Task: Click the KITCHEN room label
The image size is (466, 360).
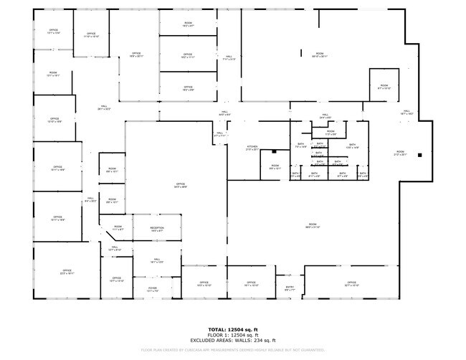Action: point(252,148)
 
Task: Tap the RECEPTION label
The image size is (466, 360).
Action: point(157,229)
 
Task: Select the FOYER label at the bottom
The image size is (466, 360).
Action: point(153,290)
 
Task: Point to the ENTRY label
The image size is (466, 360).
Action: point(290,289)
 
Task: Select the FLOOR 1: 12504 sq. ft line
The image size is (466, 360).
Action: point(233,335)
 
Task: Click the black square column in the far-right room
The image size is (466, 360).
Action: point(420,154)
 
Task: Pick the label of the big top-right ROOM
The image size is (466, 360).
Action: point(320,55)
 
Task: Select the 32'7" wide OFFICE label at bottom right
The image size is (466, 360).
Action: point(351,284)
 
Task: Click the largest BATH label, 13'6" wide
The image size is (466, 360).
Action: point(352,146)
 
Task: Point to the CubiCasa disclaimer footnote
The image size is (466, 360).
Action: point(233,351)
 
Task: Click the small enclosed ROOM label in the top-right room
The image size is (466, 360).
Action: point(384,87)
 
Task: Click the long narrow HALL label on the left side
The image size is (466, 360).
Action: point(90,200)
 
